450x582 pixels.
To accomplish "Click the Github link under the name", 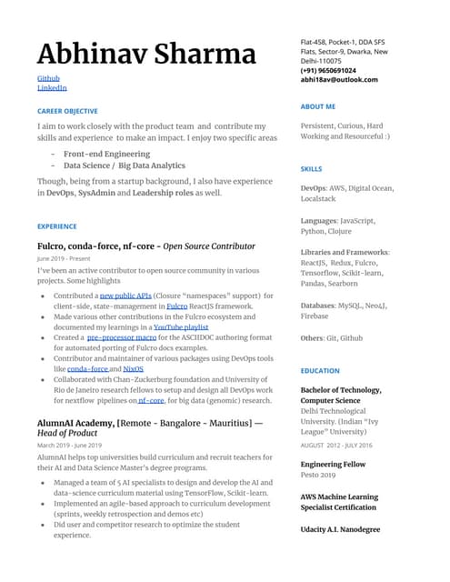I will (48, 78).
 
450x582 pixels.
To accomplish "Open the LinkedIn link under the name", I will (52, 88).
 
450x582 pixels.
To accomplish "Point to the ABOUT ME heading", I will (317, 106).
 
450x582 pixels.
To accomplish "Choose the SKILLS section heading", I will (311, 169).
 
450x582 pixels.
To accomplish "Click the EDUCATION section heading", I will (319, 371).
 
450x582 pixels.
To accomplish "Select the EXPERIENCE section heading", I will (57, 226).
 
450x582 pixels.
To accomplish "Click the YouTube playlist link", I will (182, 326).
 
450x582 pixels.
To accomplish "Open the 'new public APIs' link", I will (125, 296).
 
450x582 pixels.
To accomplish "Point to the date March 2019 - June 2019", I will (69, 446).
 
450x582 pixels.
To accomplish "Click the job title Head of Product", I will (67, 434).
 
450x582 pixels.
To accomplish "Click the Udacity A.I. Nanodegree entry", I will (340, 529).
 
